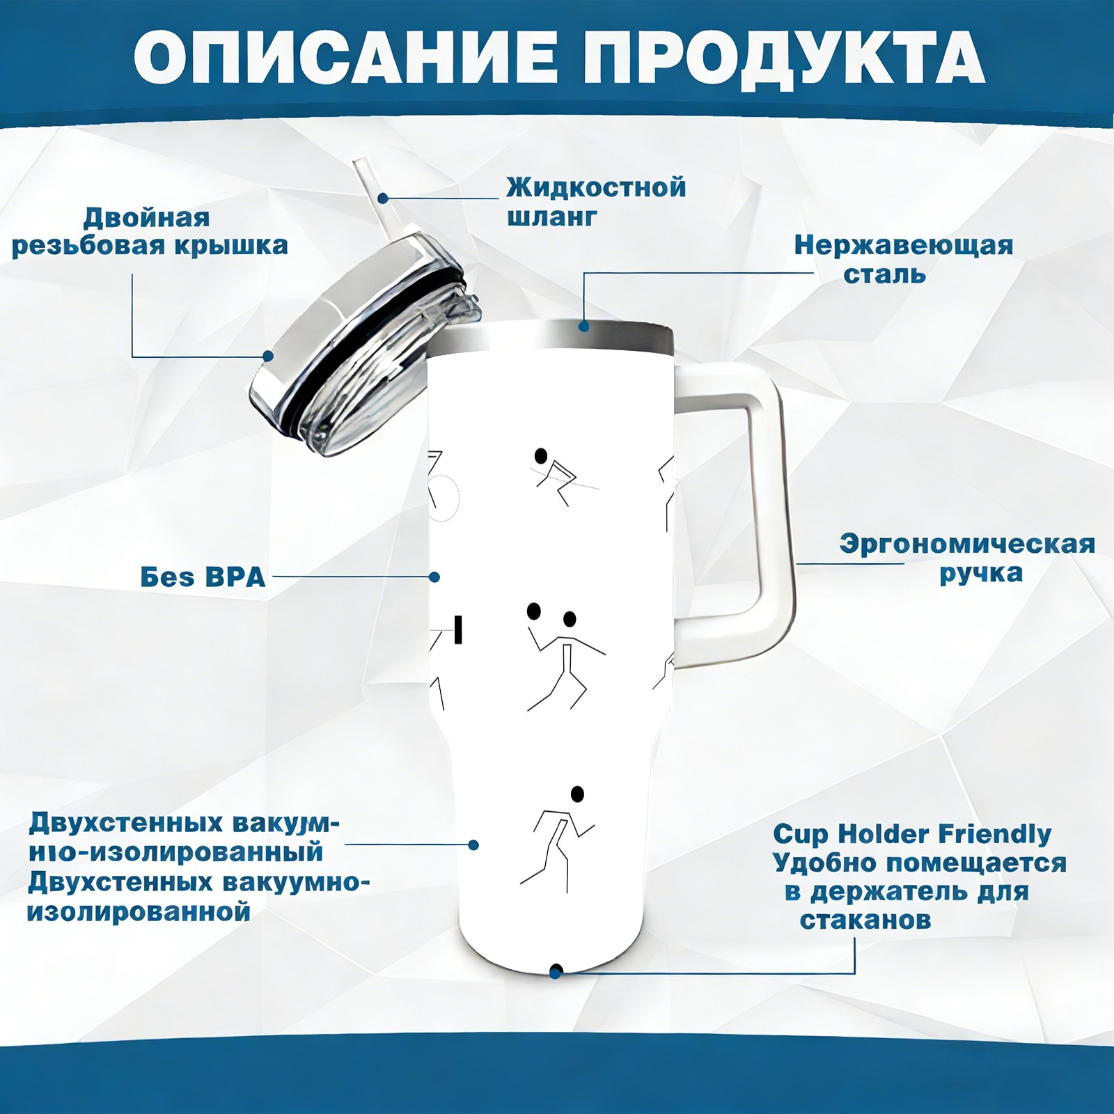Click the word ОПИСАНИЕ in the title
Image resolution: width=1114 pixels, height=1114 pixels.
click(346, 58)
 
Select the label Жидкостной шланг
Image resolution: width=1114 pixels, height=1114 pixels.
click(596, 202)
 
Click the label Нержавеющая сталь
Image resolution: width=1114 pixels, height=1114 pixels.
click(903, 259)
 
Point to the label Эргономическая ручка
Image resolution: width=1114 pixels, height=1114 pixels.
click(967, 558)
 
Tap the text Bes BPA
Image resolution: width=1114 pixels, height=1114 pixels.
click(203, 577)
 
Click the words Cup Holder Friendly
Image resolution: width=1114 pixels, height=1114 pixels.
click(912, 834)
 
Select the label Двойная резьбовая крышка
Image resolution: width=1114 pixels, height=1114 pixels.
click(150, 232)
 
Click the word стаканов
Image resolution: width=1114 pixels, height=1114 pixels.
click(865, 920)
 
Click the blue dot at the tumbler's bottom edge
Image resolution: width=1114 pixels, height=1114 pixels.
click(556, 971)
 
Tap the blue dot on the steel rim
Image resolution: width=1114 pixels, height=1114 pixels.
click(583, 325)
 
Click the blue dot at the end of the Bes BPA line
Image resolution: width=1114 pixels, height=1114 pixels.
click(434, 577)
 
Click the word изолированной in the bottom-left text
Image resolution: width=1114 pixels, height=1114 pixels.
click(139, 912)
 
